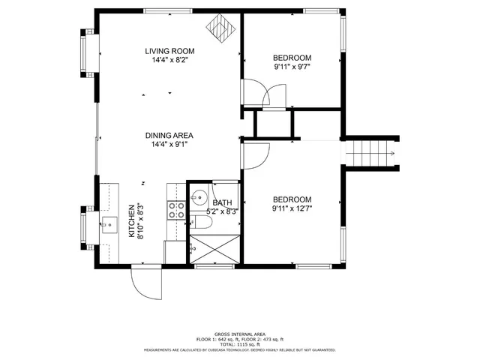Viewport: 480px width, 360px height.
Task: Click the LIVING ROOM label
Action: [169, 51]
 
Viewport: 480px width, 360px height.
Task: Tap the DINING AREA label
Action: [169, 136]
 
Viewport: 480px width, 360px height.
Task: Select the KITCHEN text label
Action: [131, 221]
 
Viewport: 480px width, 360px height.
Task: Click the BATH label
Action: [222, 203]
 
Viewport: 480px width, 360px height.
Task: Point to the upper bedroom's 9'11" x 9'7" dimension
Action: [292, 67]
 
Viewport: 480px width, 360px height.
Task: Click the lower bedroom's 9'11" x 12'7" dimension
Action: [292, 208]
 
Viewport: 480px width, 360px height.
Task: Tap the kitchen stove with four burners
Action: [176, 211]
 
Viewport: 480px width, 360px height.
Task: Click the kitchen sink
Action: [110, 223]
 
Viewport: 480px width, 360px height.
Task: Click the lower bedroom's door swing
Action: [255, 154]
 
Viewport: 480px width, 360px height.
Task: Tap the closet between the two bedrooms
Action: [274, 124]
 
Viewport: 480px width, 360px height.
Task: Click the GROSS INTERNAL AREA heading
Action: [239, 334]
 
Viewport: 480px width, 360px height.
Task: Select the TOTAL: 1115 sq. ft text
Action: [239, 343]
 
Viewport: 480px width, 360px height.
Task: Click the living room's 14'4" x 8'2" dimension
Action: [169, 59]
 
